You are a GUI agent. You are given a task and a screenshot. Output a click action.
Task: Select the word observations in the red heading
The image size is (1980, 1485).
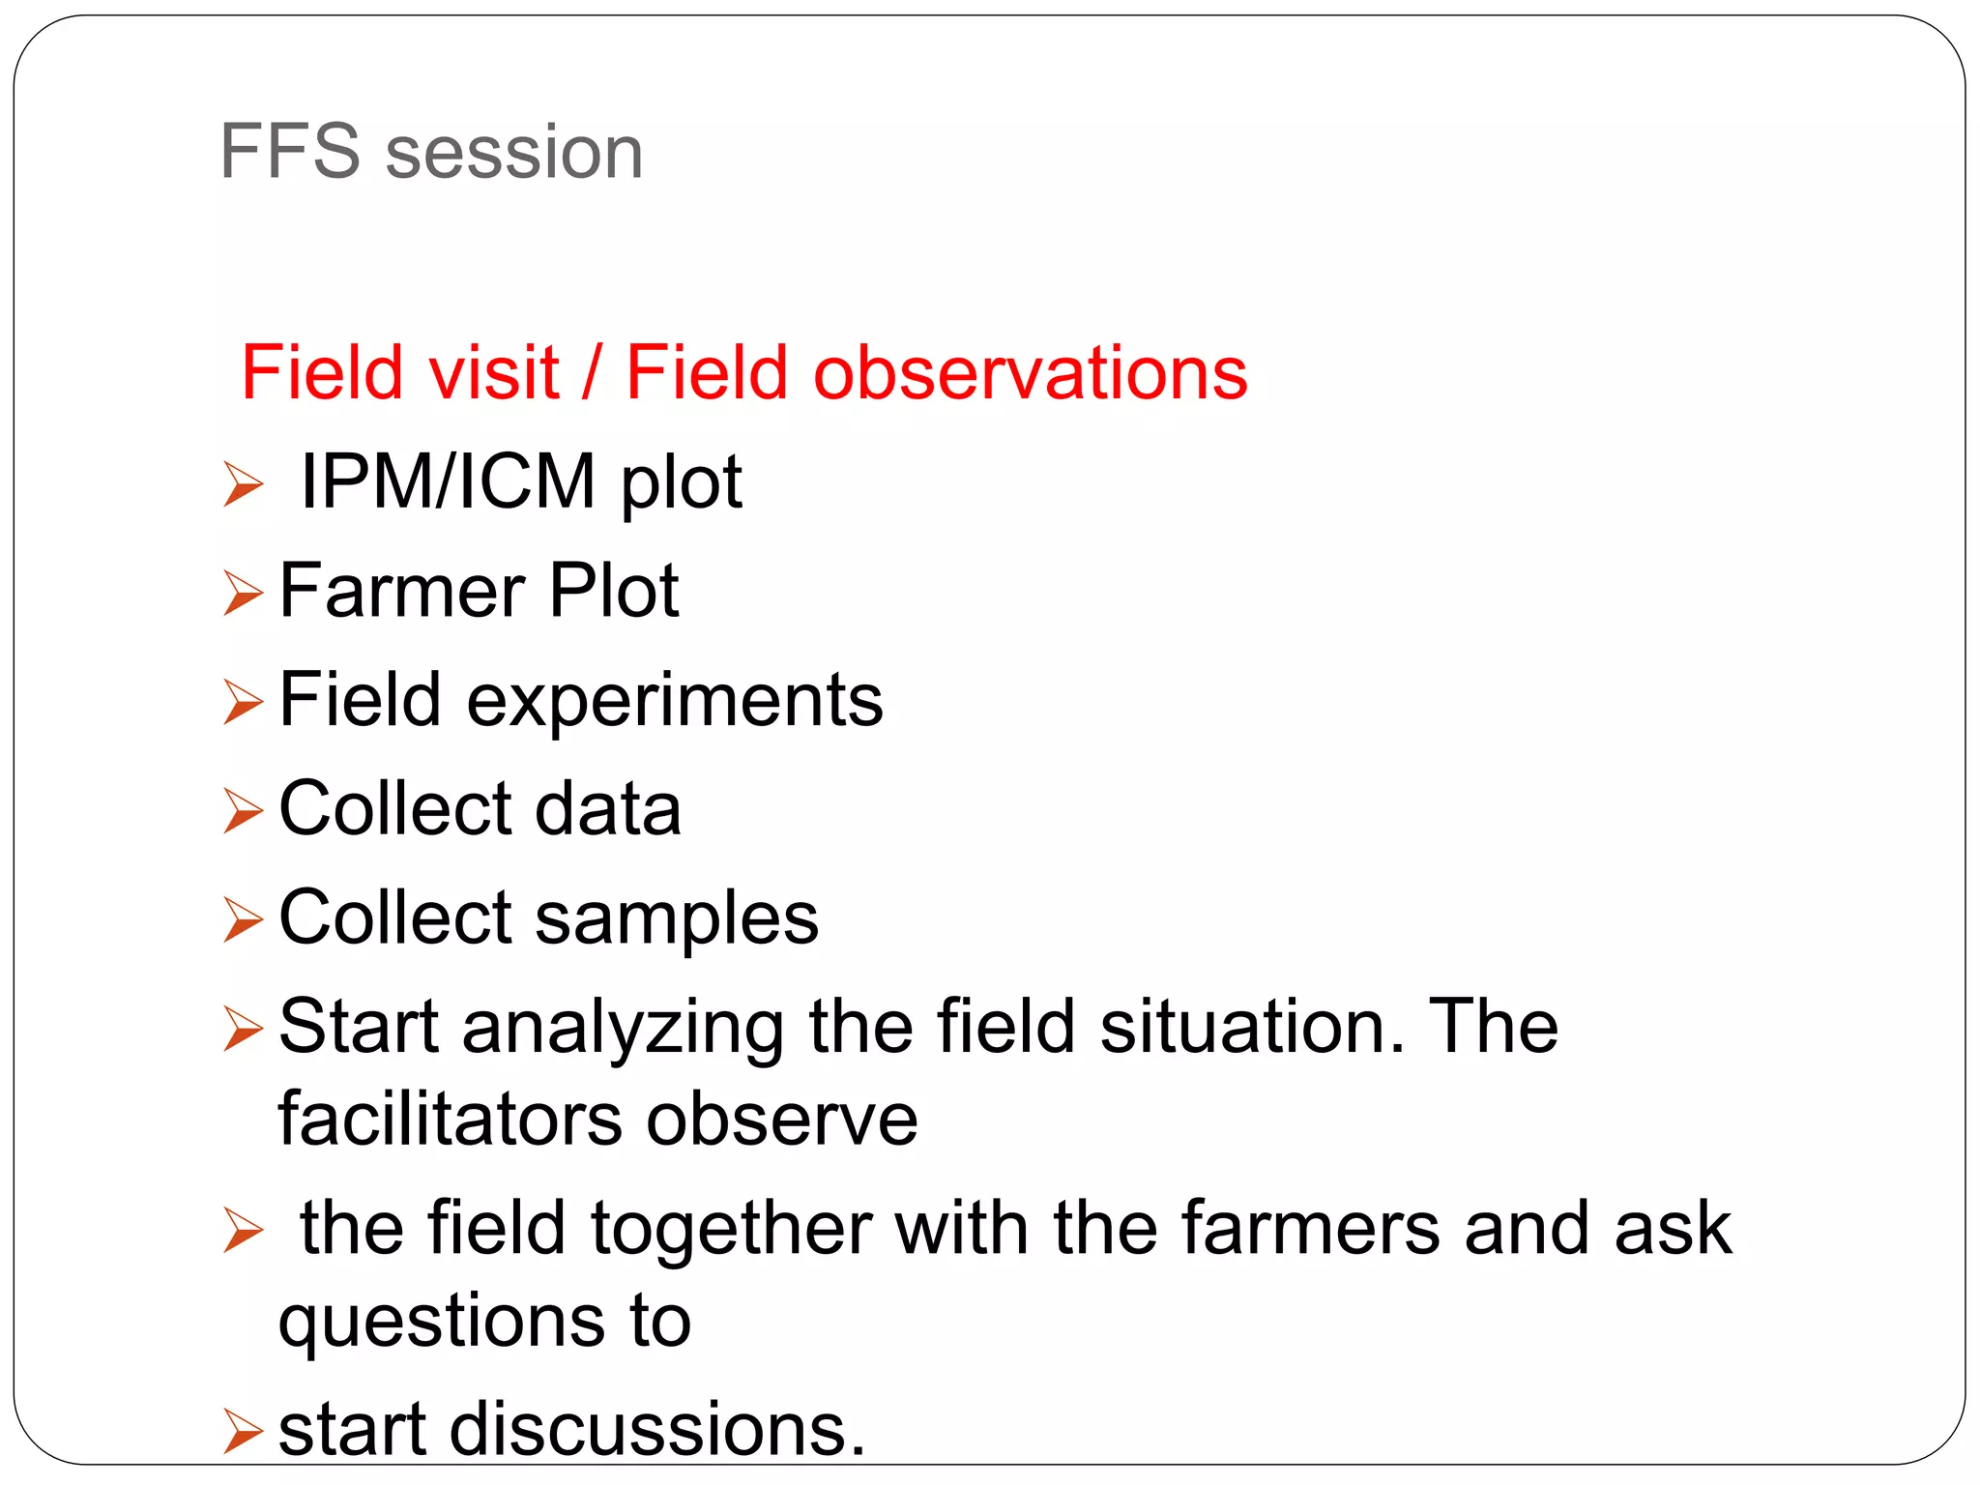[1031, 373]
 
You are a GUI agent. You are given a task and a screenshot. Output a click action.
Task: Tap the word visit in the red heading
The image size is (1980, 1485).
[495, 373]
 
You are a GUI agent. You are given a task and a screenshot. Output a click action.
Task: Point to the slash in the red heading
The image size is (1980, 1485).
[592, 375]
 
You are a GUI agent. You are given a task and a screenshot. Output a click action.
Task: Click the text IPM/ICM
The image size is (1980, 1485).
[448, 481]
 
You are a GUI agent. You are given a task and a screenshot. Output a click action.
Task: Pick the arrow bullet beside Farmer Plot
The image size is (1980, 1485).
[243, 593]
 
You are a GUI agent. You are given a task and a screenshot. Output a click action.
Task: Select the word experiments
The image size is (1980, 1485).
[675, 701]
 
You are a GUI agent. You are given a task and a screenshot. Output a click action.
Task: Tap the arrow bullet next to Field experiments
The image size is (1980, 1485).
[243, 701]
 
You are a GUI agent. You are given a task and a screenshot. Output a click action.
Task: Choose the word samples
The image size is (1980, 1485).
[677, 918]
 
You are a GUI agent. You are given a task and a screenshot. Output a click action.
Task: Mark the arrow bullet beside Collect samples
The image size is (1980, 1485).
[243, 918]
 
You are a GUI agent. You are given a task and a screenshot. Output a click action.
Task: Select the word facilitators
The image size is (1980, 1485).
[450, 1120]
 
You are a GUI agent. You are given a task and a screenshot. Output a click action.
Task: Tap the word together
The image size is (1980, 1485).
[732, 1228]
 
